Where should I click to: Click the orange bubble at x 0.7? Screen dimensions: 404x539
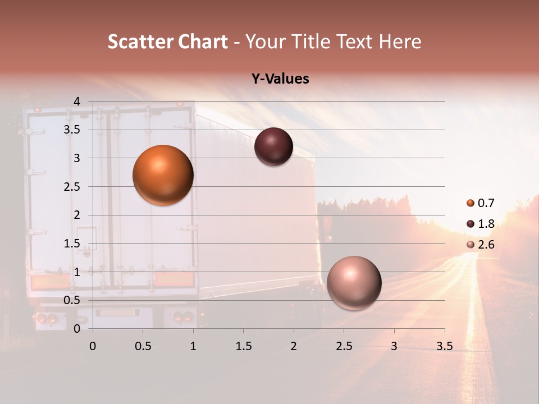tap(163, 175)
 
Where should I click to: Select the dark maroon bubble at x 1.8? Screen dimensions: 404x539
tap(273, 147)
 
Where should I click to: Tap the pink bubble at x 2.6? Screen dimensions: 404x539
tap(354, 283)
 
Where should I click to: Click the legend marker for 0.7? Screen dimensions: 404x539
tap(471, 203)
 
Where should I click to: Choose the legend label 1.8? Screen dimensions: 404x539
tap(486, 224)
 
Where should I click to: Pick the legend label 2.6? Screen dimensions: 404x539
tap(486, 245)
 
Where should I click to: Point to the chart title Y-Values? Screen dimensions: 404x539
tap(280, 79)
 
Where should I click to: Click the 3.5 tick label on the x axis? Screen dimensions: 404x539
tap(444, 346)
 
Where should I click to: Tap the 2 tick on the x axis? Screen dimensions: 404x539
tap(294, 346)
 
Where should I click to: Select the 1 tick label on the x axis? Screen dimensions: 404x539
tap(193, 346)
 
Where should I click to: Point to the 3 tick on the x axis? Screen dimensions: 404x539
tap(394, 346)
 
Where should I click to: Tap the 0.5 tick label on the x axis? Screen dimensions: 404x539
tap(143, 346)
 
